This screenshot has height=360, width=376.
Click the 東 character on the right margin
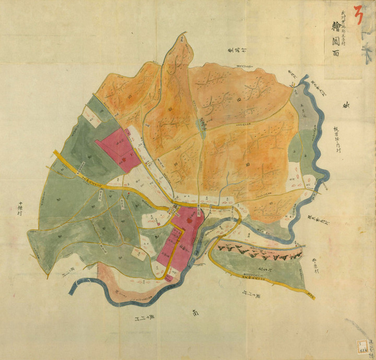point(345,106)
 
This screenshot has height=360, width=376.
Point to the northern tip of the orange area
point(182,37)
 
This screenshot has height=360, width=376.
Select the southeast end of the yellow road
point(312,295)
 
